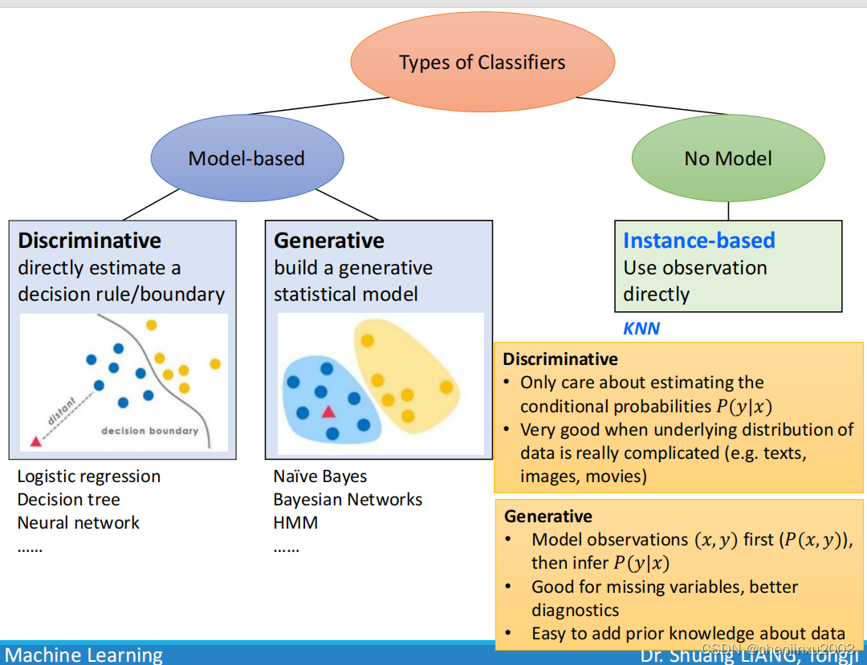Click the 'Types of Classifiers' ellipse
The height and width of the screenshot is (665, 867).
(x=482, y=63)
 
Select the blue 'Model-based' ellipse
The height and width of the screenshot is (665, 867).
(x=246, y=158)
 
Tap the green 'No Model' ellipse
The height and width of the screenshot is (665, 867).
(x=728, y=158)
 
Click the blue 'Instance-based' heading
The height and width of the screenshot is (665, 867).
(x=698, y=241)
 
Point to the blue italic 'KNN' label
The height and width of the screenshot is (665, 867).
(x=641, y=329)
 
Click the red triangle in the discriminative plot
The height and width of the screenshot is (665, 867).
(x=35, y=441)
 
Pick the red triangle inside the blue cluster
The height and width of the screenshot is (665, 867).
(x=328, y=412)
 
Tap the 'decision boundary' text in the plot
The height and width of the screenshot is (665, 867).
(x=149, y=431)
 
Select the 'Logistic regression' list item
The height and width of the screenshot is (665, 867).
(x=89, y=476)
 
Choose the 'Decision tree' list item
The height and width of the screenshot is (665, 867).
(x=69, y=500)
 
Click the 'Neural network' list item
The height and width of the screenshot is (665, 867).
(x=79, y=523)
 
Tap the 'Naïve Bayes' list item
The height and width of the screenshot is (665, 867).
(x=320, y=476)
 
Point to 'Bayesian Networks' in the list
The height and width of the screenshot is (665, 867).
(x=348, y=500)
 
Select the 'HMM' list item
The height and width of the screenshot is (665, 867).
(x=295, y=523)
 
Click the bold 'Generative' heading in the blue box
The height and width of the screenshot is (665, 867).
(x=329, y=241)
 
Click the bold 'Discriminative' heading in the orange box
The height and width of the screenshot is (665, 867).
(x=560, y=359)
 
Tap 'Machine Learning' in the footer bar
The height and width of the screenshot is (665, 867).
(x=83, y=655)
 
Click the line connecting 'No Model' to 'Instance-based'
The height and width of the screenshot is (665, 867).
(x=728, y=210)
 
